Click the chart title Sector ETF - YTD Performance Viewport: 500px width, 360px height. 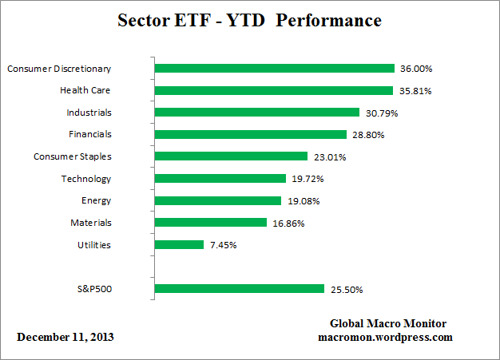point(249,19)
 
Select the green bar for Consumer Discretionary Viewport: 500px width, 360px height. point(274,69)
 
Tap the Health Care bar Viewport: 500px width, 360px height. point(273,90)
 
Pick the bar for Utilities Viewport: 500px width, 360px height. point(179,245)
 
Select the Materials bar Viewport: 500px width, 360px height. point(210,223)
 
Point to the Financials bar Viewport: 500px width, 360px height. point(250,135)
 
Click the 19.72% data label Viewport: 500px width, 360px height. point(308,179)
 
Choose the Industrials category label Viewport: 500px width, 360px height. point(89,113)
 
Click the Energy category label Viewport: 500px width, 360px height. point(96,200)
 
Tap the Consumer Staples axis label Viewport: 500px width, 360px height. point(72,156)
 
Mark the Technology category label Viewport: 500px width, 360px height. point(86,179)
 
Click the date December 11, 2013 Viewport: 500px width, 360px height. point(65,337)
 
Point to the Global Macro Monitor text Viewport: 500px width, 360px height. point(388,323)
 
